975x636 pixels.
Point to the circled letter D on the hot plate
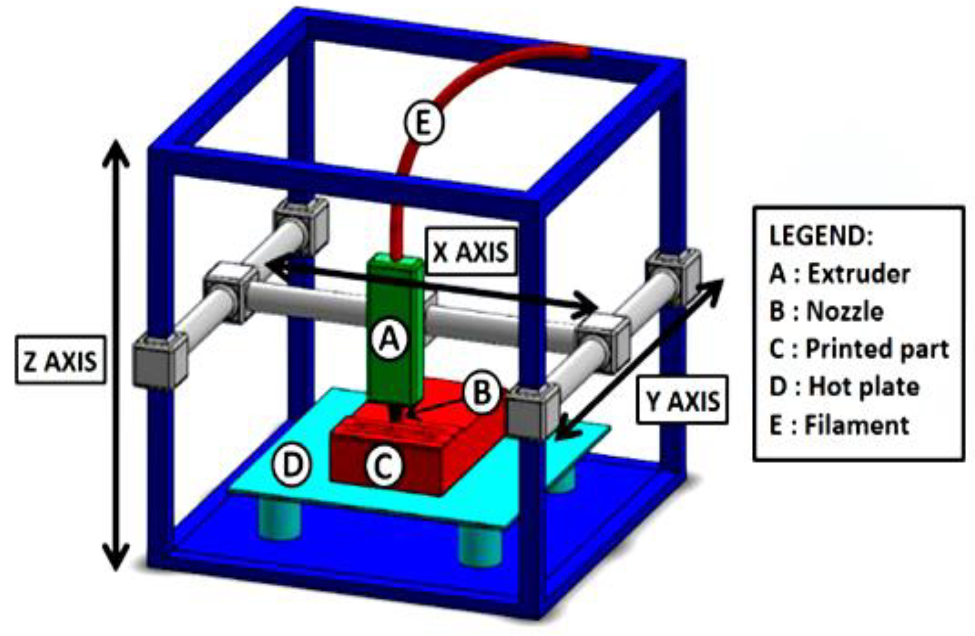pyautogui.click(x=292, y=465)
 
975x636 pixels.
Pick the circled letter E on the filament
pyautogui.click(x=423, y=124)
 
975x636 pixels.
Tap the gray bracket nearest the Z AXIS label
pyautogui.click(x=160, y=361)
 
